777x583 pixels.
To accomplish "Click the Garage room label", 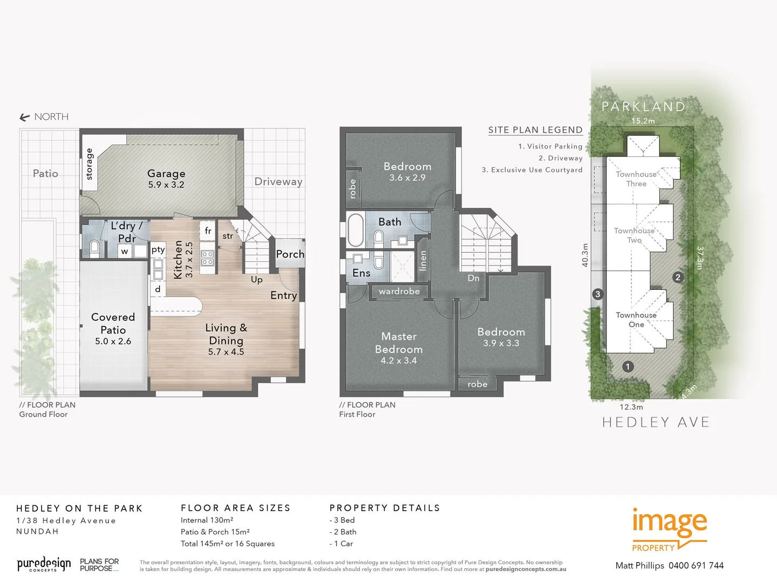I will [x=166, y=174].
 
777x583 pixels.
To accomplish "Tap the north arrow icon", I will [x=24, y=117].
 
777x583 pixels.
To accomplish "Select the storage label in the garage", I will [x=90, y=164].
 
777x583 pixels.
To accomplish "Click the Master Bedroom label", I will [x=399, y=343].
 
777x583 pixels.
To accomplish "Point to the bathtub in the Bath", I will [x=355, y=231].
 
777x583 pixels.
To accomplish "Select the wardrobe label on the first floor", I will [x=399, y=291].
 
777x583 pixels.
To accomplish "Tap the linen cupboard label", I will [x=423, y=260].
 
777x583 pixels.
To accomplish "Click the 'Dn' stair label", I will [x=473, y=278].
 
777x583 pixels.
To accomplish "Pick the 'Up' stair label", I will [x=257, y=280].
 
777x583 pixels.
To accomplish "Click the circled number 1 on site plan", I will [x=628, y=367].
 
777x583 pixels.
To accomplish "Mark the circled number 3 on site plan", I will [x=597, y=294].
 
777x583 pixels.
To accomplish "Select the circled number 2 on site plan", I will [x=678, y=277].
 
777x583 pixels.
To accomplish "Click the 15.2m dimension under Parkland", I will [x=643, y=121].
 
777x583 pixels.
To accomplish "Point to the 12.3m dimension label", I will [x=631, y=407].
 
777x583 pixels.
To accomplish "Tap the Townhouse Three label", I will [x=636, y=179].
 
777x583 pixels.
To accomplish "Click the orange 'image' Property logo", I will [x=669, y=529].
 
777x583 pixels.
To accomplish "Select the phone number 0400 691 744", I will [x=696, y=566].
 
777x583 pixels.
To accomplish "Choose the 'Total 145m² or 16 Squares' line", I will [x=228, y=544].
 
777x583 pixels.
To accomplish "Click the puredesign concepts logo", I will [x=44, y=565].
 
